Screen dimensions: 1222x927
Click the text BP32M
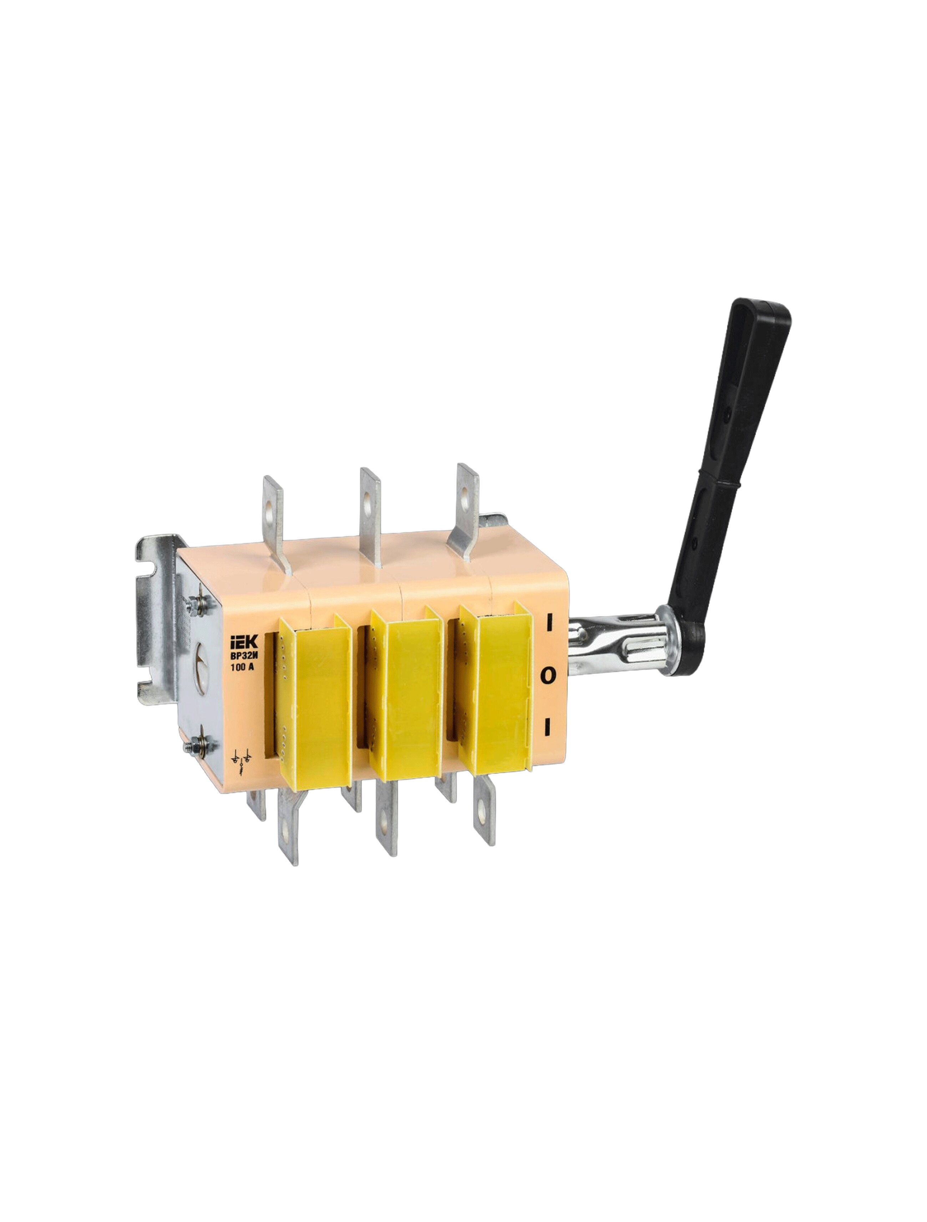(x=244, y=656)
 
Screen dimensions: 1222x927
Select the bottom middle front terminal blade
(x=386, y=820)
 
